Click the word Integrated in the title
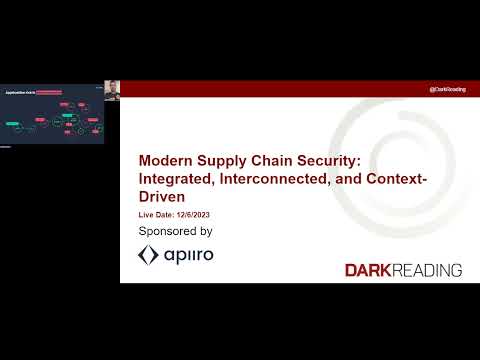[176, 179]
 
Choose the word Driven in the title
[161, 197]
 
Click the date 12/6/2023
[195, 215]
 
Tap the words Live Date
[157, 215]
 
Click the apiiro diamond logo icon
[148, 255]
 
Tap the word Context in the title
[398, 179]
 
